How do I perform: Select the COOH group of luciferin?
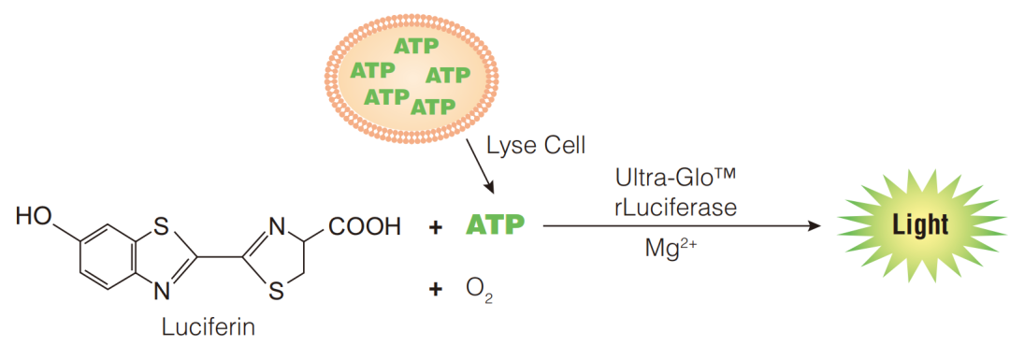(366, 227)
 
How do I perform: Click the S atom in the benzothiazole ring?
(161, 225)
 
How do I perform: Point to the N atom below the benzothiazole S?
(162, 292)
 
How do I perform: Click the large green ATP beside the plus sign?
(495, 226)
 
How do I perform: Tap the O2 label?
(479, 290)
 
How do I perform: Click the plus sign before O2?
(436, 290)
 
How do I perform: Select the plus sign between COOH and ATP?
(436, 226)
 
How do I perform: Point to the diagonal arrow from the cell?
(479, 165)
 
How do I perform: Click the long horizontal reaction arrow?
(682, 226)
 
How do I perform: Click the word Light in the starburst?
(920, 225)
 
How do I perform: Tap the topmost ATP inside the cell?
(416, 47)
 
